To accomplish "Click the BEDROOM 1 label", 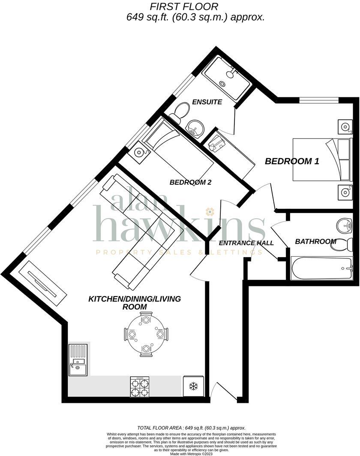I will pos(292,162).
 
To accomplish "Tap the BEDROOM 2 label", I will pos(190,182).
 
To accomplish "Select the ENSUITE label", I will pos(207,102).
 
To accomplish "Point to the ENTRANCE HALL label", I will pos(246,243).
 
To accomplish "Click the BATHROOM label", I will pos(315,242).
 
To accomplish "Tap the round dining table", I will pos(146,334).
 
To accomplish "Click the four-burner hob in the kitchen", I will pos(139,387).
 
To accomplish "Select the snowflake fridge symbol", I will pos(193,387).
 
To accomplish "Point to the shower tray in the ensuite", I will pos(226,78).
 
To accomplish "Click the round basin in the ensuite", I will pos(195,128).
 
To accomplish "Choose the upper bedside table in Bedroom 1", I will pos(345,126).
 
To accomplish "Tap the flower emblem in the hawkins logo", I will pos(210,211).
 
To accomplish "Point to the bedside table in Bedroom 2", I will pos(140,152).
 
